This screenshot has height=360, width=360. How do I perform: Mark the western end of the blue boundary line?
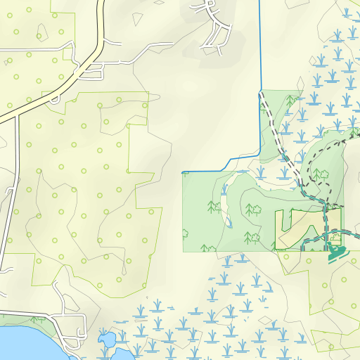pyautogui.click(x=183, y=172)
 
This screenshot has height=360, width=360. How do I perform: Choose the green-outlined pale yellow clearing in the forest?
pyautogui.click(x=295, y=224)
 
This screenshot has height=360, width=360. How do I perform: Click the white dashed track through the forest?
pyautogui.click(x=281, y=141)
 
